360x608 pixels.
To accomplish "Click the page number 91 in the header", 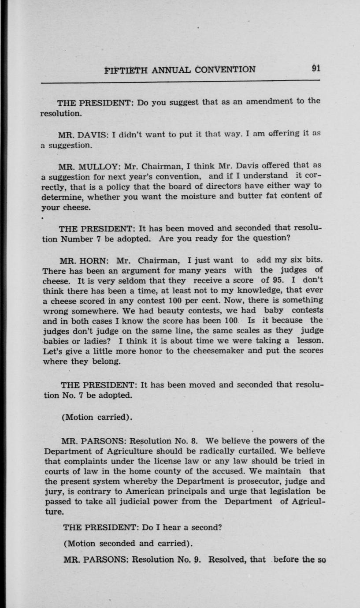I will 315,69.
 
